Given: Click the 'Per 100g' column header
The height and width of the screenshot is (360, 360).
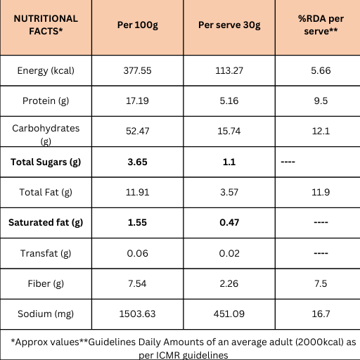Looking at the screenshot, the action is (138, 25).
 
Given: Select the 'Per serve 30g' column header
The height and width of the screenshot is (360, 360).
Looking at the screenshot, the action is (229, 25).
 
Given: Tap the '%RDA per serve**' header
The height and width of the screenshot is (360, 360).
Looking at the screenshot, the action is (321, 25).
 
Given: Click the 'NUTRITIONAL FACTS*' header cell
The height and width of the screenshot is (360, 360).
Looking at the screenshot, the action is (46, 25).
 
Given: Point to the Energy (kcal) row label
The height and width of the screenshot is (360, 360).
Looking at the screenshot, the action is (46, 71).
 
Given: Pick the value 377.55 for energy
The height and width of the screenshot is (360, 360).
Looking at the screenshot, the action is (138, 70).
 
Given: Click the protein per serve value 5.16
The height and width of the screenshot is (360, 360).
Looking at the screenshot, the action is (229, 101).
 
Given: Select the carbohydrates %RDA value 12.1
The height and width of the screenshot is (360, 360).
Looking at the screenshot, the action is (321, 131).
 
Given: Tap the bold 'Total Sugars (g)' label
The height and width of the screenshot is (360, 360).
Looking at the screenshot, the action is (46, 162).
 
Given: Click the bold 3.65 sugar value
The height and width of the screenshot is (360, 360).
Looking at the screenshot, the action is (138, 162).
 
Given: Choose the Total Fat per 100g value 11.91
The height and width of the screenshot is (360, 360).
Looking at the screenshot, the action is (138, 192).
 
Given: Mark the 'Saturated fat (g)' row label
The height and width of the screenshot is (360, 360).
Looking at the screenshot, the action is (46, 223).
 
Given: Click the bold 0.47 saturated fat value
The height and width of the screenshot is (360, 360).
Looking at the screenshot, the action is (229, 222).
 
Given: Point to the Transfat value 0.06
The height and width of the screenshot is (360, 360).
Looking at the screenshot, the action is (138, 253).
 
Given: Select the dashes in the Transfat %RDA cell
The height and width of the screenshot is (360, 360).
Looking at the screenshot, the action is (321, 253).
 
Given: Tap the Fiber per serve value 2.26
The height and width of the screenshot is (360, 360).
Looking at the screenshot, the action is (229, 283).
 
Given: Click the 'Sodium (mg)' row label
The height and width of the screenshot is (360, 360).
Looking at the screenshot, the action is (46, 314).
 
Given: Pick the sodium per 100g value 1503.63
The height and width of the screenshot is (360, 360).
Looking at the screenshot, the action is (138, 314).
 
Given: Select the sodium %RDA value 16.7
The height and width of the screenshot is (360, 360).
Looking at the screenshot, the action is (321, 314).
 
